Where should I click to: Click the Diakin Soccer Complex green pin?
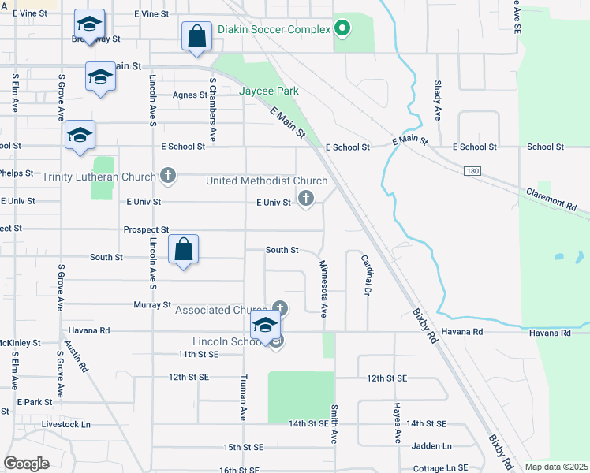tap(342, 30)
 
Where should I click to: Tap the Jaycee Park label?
tap(269, 91)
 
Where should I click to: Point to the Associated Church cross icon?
tap(279, 308)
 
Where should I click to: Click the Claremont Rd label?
tap(551, 197)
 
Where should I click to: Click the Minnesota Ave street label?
tap(322, 288)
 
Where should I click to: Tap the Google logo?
tap(26, 463)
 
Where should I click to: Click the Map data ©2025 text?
tap(556, 467)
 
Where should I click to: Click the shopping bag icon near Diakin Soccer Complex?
tap(196, 36)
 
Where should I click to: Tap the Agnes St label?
tap(189, 95)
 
